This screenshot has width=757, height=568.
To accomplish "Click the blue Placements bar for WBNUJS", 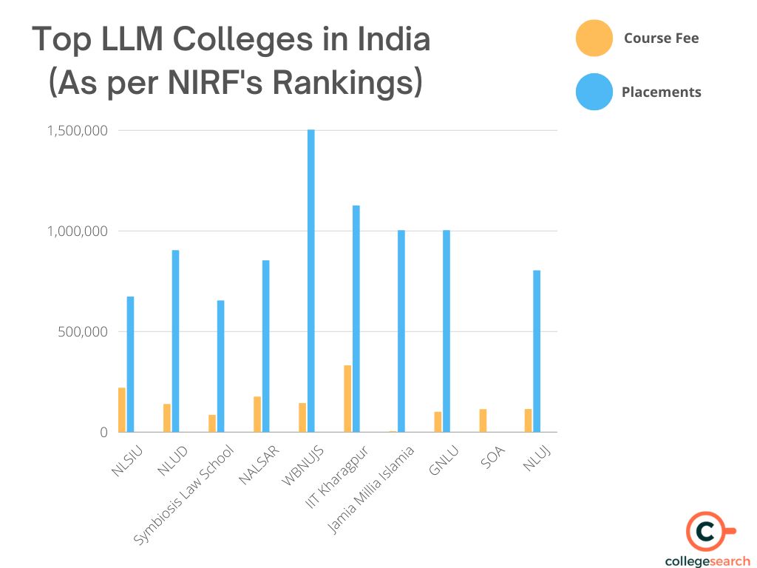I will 311,280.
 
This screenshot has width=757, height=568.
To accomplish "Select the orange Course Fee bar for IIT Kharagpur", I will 347,399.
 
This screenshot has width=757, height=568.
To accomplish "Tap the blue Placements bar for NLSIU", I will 130,364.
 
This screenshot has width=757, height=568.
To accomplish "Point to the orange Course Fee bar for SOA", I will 483,420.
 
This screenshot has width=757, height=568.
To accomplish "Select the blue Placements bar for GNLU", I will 447,331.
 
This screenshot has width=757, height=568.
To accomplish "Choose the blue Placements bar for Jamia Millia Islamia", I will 401,331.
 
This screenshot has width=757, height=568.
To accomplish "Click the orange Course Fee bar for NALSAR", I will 257,414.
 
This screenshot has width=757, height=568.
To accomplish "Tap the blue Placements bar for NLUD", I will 175,341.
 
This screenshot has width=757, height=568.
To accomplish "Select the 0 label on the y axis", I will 103,432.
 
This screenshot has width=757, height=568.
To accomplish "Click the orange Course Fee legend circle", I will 594,38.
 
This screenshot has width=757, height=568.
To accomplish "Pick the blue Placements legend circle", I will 594,92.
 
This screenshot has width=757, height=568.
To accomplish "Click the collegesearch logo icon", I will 707,531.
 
